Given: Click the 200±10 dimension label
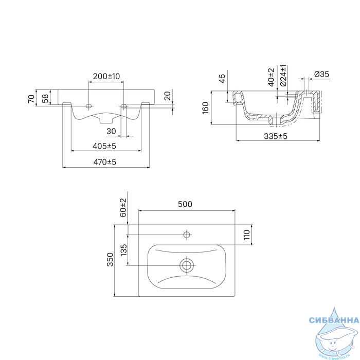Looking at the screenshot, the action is pos(106,76).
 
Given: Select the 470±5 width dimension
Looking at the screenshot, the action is pos(105,162).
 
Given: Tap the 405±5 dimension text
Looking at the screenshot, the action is pos(104,146).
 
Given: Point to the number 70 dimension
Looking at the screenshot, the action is pos(31,99).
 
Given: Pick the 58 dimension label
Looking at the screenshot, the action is pos(45,99).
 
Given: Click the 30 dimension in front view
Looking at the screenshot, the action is pos(111,131).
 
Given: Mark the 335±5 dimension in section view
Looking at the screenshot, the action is pos(276,136).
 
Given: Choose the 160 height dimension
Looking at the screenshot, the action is pos(205,108).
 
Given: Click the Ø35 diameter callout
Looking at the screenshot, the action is pos(321,74).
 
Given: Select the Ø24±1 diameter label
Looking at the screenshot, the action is pos(283,76).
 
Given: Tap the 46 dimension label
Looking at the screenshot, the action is pos(222,79).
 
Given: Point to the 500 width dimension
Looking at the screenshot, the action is pos(185,204).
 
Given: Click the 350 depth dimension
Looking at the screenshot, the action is pos(111,259).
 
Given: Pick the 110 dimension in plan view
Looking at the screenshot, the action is pos(246,235).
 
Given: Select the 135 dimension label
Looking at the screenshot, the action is pos(123,250).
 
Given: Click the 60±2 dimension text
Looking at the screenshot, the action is pos(123,208).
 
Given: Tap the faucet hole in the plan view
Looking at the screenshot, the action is pos(187,235).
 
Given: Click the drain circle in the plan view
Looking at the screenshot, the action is pos(187,265).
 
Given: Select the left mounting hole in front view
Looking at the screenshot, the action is pos(88,106).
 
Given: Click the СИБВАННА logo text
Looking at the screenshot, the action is pos(334,320).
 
